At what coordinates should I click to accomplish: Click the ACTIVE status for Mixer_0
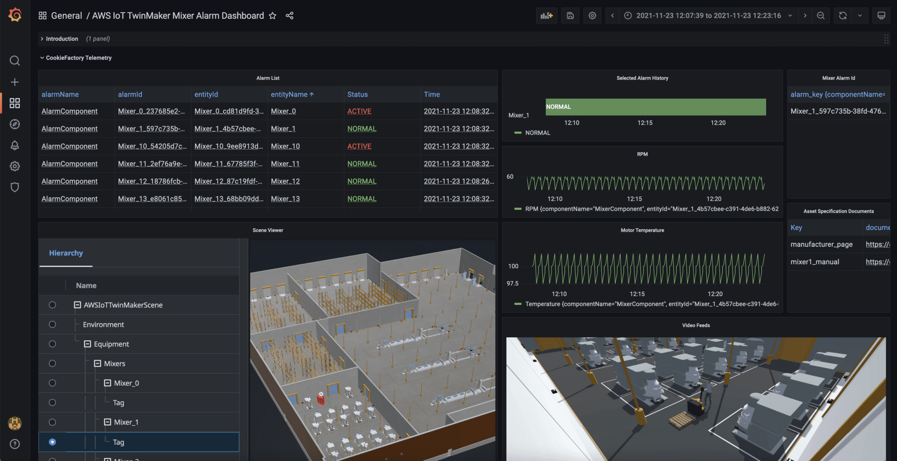click(359, 111)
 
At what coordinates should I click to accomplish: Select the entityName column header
click(289, 94)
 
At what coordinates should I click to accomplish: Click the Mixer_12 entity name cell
click(285, 181)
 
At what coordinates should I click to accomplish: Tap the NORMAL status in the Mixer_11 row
click(362, 164)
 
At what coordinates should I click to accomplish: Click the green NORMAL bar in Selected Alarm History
click(655, 107)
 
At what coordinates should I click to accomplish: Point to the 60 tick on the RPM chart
click(510, 177)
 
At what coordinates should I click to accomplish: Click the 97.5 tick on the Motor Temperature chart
click(512, 283)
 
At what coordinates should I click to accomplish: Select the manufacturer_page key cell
click(821, 244)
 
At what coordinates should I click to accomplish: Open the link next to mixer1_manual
click(877, 262)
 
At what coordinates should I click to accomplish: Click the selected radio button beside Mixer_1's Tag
click(53, 442)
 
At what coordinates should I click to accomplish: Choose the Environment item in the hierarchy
click(103, 325)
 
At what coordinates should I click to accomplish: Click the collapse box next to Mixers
click(98, 363)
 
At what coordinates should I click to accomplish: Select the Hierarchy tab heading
click(66, 253)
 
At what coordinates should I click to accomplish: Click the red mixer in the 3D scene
click(321, 398)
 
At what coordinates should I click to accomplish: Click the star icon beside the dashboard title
click(272, 16)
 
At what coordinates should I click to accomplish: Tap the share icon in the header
click(290, 16)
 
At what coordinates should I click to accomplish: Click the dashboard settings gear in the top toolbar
click(592, 16)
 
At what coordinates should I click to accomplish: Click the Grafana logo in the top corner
click(15, 15)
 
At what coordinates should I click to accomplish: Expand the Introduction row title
click(62, 39)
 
